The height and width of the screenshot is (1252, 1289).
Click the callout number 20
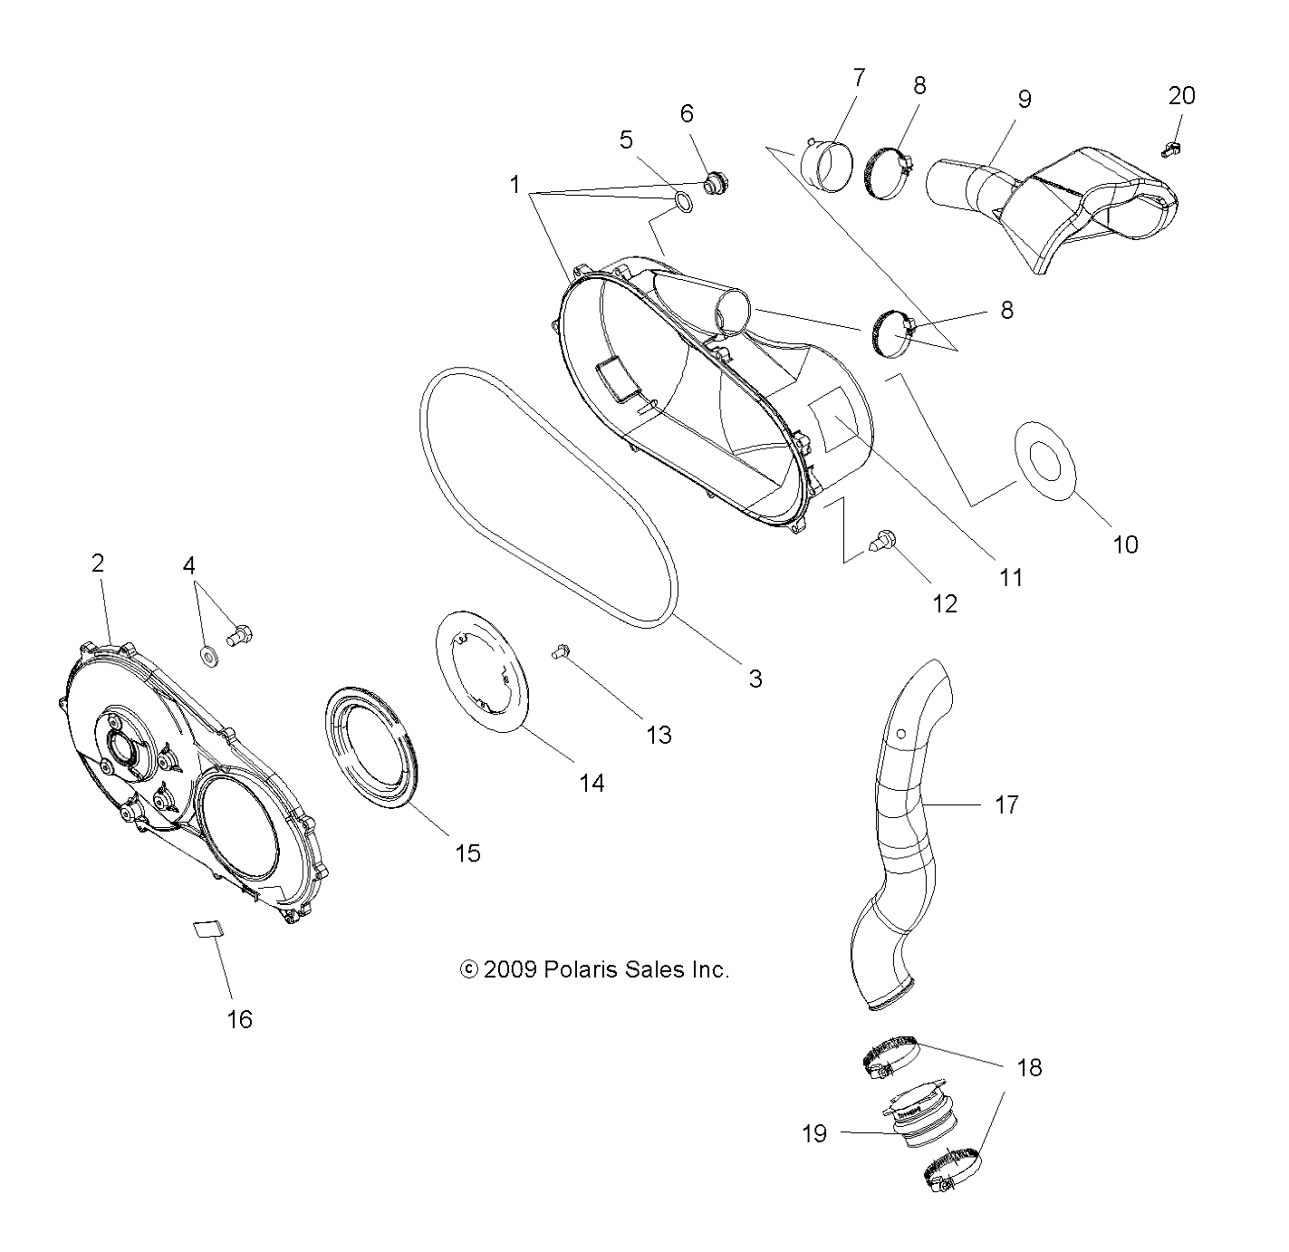(x=1181, y=95)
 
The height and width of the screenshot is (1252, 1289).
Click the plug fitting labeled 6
(x=715, y=182)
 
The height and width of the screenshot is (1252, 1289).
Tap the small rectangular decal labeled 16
(x=207, y=929)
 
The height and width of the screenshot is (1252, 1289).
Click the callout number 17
(x=1006, y=804)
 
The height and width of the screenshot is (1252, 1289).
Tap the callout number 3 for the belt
(x=755, y=678)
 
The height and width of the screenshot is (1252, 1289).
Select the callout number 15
(x=467, y=852)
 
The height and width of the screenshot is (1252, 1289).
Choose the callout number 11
(x=1010, y=577)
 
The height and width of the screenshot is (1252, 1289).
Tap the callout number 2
(x=98, y=563)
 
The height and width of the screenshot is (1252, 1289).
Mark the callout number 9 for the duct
(x=1024, y=98)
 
